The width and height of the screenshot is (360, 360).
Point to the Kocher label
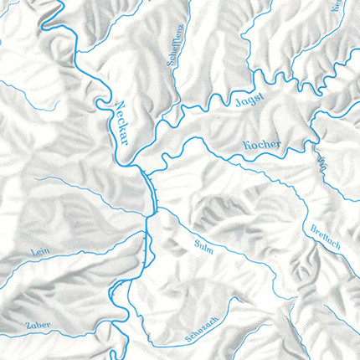pyautogui.click(x=262, y=144)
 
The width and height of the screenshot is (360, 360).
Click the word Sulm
pyautogui.click(x=203, y=244)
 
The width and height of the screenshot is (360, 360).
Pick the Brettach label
pyautogui.click(x=323, y=225)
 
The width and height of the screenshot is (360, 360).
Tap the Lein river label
pyautogui.click(x=35, y=250)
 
